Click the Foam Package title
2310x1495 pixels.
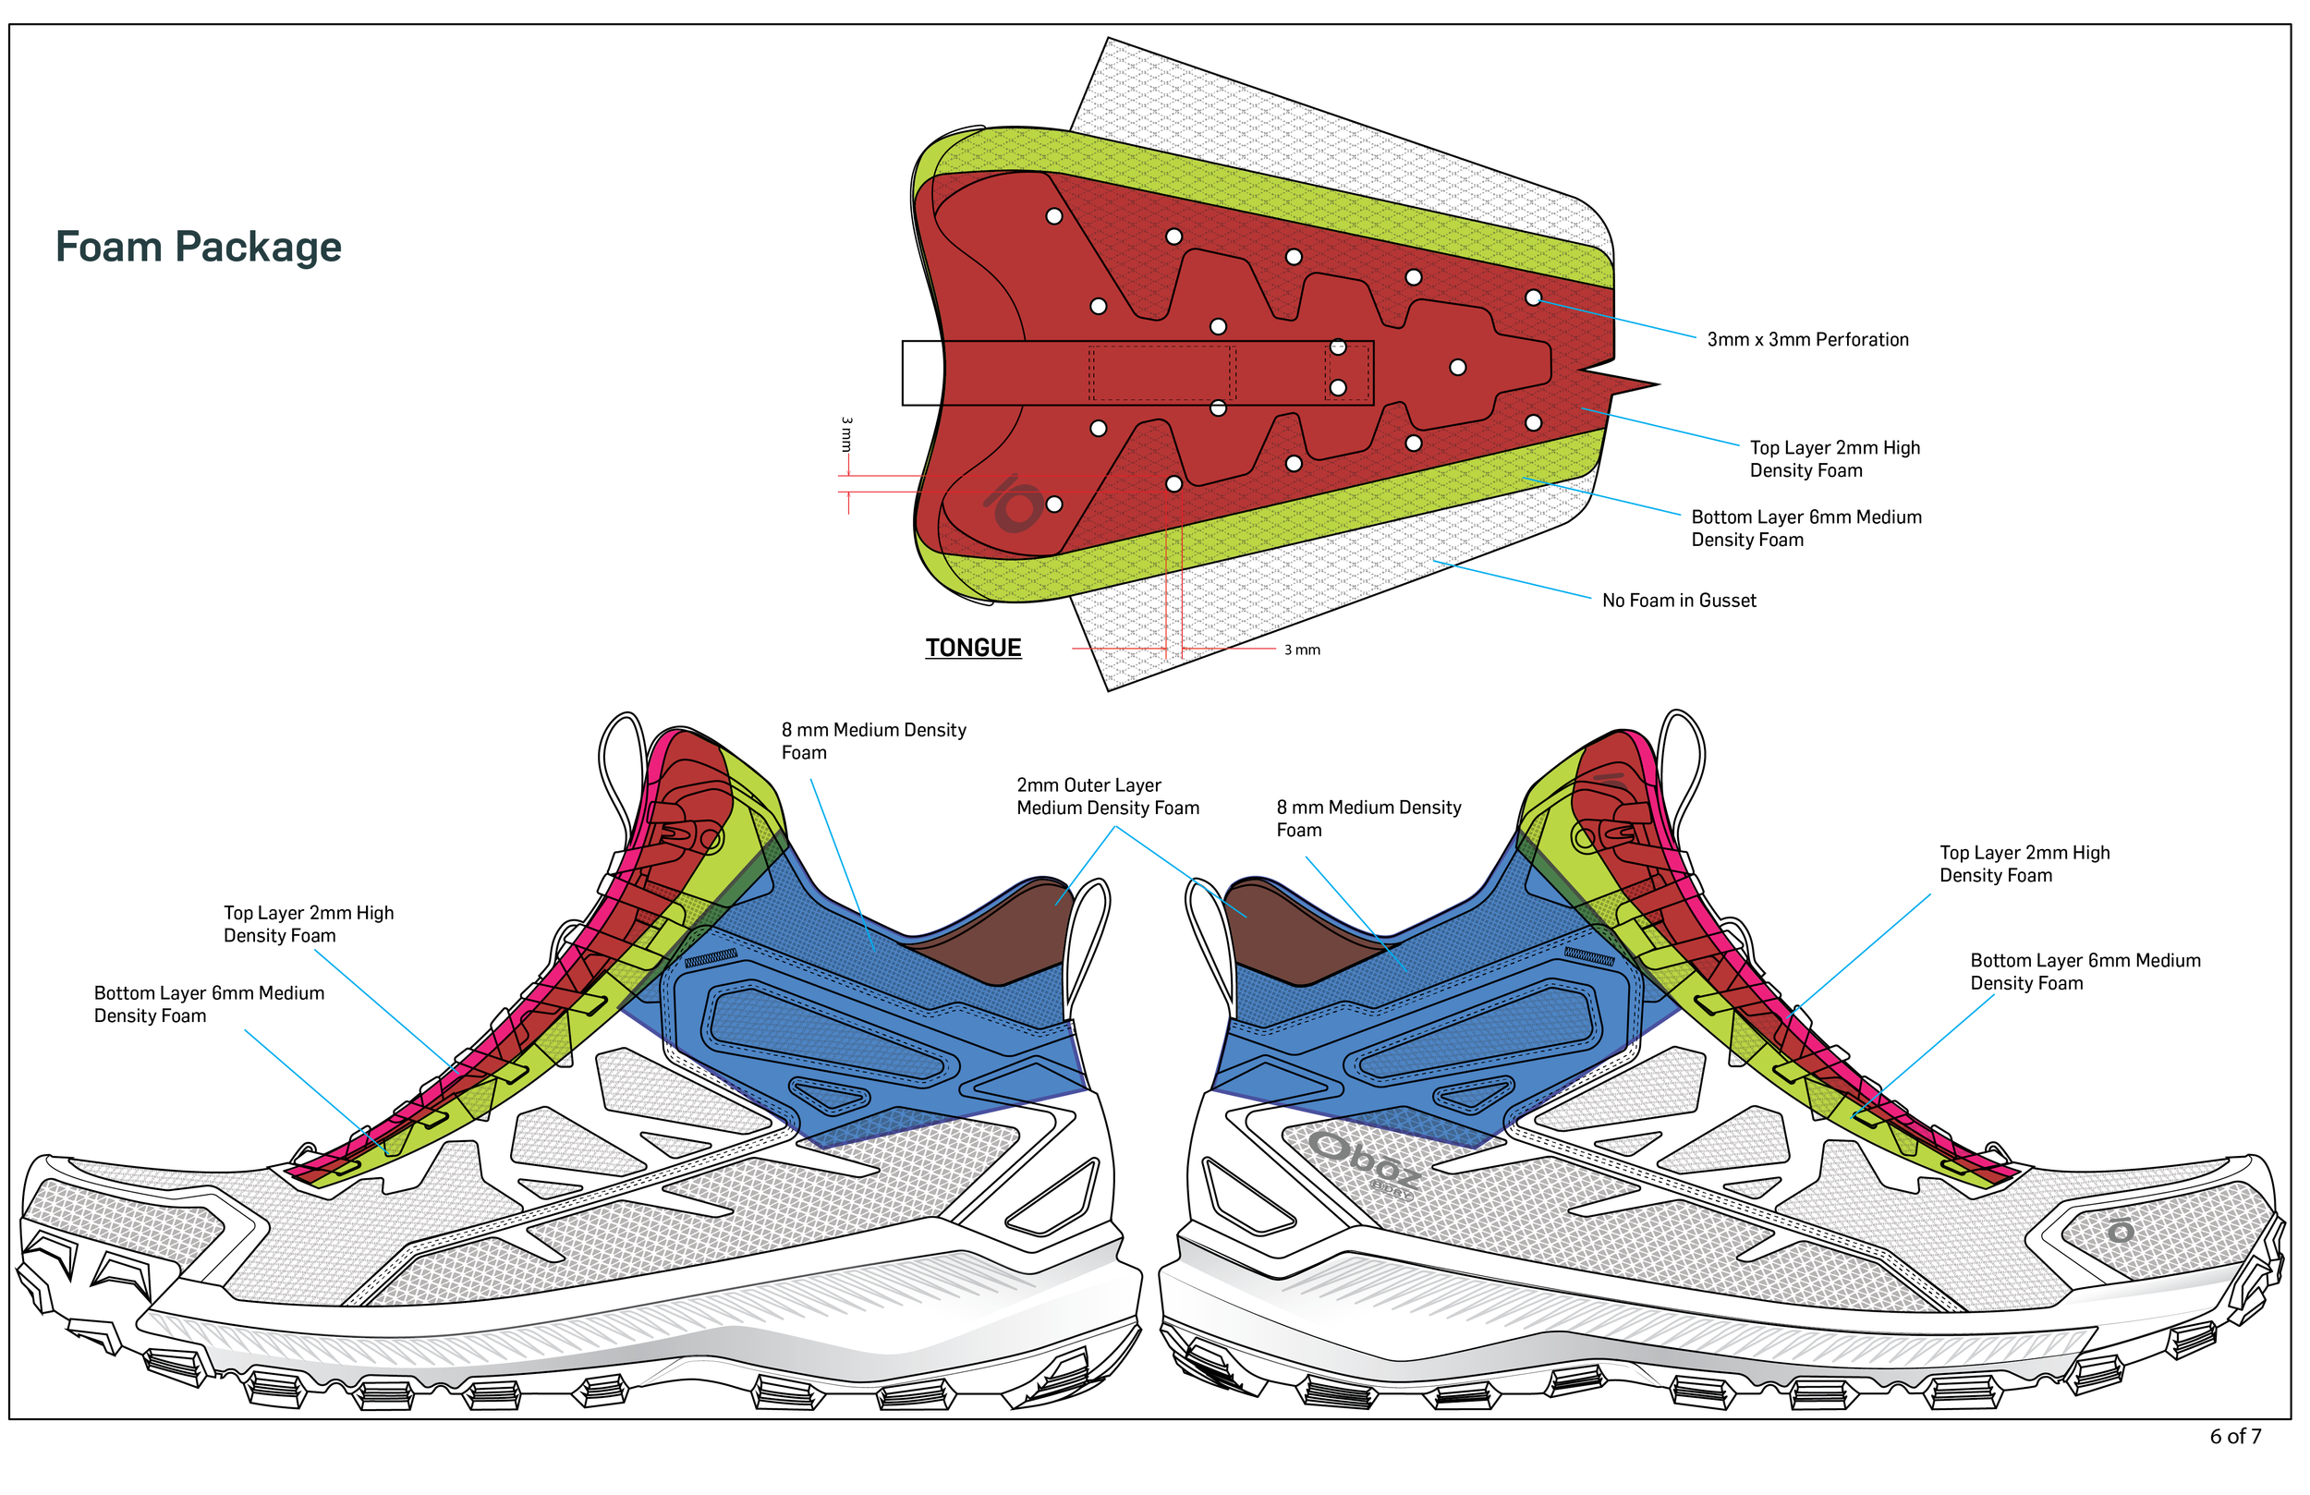(x=198, y=247)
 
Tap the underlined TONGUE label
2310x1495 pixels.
(x=973, y=648)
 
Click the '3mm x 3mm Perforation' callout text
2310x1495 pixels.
(x=1806, y=340)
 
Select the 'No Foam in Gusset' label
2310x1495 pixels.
(x=1678, y=601)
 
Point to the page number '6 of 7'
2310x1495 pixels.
(x=2234, y=1437)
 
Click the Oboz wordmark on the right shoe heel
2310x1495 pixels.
(x=1363, y=1161)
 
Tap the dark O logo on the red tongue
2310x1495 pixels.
(x=1015, y=504)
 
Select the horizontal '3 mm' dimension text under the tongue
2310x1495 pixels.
(x=1302, y=650)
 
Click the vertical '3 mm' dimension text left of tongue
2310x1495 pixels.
(x=846, y=434)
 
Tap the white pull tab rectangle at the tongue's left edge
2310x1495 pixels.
(x=921, y=372)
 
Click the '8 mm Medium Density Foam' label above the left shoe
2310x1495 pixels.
(x=872, y=741)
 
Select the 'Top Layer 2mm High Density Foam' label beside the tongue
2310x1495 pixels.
(x=1833, y=459)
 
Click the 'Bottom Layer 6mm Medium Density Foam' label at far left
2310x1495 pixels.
(x=208, y=1004)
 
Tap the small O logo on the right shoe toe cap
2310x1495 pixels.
(x=2121, y=1231)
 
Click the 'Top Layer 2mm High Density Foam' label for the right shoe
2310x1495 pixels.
(x=2024, y=864)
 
